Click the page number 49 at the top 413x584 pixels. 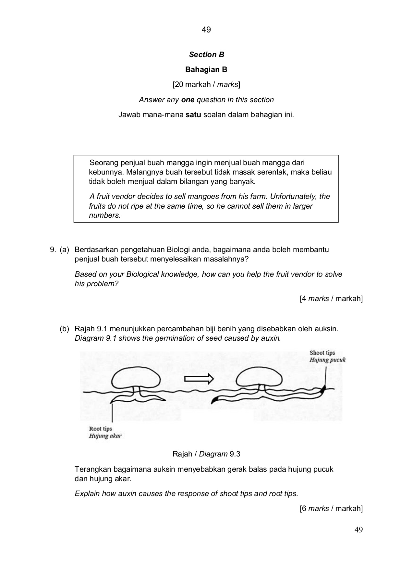pyautogui.click(x=206, y=30)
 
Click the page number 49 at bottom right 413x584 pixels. pyautogui.click(x=358, y=530)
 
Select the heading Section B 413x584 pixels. pyautogui.click(x=207, y=55)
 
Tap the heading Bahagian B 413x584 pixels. pyautogui.click(x=206, y=69)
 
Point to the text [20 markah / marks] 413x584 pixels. pyautogui.click(x=206, y=85)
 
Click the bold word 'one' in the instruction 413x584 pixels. pyautogui.click(x=188, y=100)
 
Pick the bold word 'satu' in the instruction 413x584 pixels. pyautogui.click(x=193, y=115)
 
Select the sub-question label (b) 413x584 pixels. pyautogui.click(x=64, y=329)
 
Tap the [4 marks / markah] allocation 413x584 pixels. pyautogui.click(x=331, y=298)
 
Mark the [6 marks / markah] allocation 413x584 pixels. pyautogui.click(x=331, y=508)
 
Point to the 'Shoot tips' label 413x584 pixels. pyautogui.click(x=322, y=353)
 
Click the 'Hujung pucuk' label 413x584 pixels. pyautogui.click(x=327, y=360)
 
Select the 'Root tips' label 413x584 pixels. pyautogui.click(x=101, y=429)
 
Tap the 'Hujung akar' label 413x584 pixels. pyautogui.click(x=105, y=436)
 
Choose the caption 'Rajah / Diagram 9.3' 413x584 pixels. pyautogui.click(x=206, y=454)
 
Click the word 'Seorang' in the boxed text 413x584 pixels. pyautogui.click(x=102, y=163)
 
